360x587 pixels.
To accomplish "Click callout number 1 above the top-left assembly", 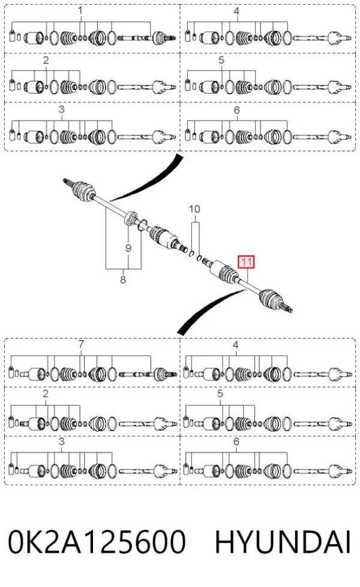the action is pyautogui.click(x=80, y=10).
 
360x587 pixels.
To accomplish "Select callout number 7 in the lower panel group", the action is pyautogui.click(x=81, y=344).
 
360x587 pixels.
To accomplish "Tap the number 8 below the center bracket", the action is pyautogui.click(x=123, y=279).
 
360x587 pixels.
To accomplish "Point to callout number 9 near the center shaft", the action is pyautogui.click(x=128, y=248).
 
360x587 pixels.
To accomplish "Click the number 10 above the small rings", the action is pyautogui.click(x=194, y=209).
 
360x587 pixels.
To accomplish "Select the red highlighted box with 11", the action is pyautogui.click(x=246, y=261).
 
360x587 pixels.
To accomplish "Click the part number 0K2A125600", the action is pyautogui.click(x=97, y=541).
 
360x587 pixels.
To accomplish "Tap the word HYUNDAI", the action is pyautogui.click(x=283, y=541).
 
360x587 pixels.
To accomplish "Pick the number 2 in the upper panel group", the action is pyautogui.click(x=46, y=60).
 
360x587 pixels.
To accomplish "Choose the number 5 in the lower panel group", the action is pyautogui.click(x=220, y=394).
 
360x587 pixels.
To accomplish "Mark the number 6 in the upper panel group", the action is pyautogui.click(x=237, y=110).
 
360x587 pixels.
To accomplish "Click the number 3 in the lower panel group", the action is pyautogui.click(x=61, y=442).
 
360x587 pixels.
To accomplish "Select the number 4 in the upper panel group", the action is pyautogui.click(x=236, y=11).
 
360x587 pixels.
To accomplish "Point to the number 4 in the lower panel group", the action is pyautogui.click(x=235, y=344).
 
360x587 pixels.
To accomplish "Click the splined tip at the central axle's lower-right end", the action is pyautogui.click(x=288, y=309).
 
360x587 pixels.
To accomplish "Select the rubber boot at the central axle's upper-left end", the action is pyautogui.click(x=83, y=191).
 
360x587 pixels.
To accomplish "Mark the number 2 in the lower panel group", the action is pyautogui.click(x=46, y=394).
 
